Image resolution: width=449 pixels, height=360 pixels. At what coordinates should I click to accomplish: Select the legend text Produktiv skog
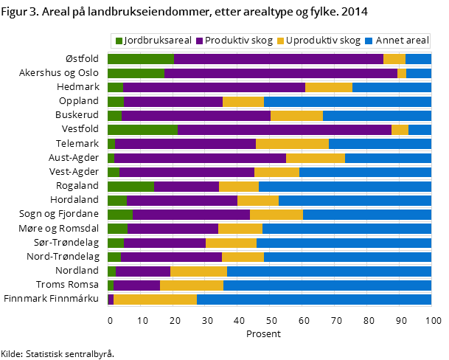[238, 41]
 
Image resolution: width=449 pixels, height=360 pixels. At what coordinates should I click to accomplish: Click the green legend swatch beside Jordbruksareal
[119, 41]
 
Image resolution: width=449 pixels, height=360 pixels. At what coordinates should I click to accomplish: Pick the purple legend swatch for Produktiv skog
[199, 41]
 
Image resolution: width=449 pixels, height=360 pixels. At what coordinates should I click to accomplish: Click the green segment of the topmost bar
[140, 59]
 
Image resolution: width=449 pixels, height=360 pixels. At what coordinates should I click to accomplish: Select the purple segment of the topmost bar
[278, 59]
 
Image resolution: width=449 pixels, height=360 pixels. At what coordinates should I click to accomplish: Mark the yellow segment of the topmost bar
[394, 59]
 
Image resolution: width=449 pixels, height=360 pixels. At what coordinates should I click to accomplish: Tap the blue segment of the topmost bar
[418, 59]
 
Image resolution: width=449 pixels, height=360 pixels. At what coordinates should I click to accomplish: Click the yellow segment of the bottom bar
[155, 300]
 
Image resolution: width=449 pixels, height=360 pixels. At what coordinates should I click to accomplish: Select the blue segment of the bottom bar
[313, 300]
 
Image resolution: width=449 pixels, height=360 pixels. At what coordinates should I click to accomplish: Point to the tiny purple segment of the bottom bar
[111, 300]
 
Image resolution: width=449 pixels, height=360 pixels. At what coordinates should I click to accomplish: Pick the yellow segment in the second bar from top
[402, 73]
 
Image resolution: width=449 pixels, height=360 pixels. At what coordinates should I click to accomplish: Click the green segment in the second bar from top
[136, 73]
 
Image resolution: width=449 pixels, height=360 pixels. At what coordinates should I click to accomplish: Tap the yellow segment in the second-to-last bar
[191, 285]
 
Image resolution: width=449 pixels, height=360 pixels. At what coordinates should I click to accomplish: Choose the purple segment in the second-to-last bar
[136, 285]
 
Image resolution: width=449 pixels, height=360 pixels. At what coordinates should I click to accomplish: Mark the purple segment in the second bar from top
[280, 73]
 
